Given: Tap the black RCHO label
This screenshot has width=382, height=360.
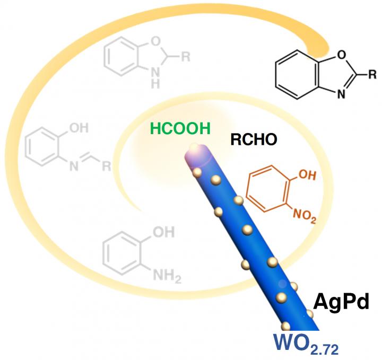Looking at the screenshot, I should tap(254, 140).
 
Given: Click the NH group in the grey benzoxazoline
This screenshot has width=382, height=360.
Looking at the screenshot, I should tap(155, 78).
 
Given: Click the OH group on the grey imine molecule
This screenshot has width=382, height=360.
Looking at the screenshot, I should tap(84, 128).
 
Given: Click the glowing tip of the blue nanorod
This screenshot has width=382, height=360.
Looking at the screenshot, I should tap(198, 152).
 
